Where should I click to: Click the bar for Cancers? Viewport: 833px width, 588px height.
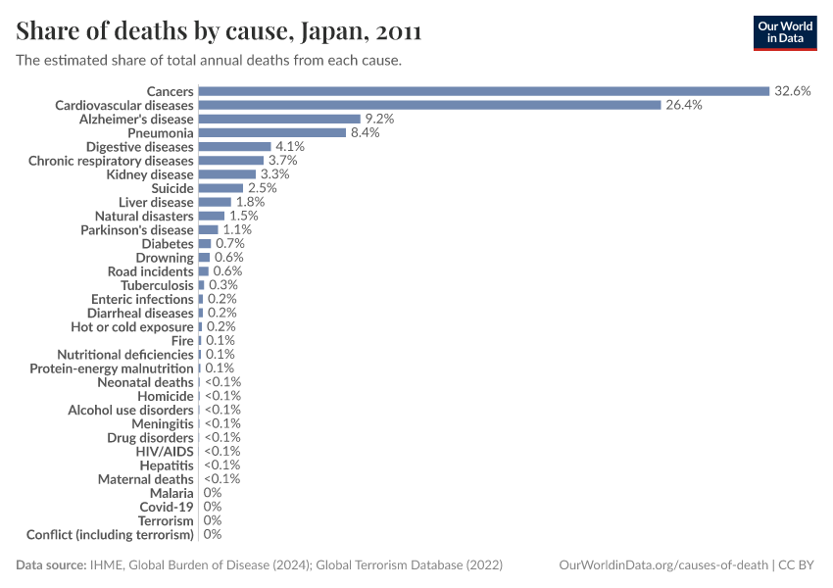(483, 91)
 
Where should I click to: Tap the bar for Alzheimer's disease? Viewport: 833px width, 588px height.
(279, 119)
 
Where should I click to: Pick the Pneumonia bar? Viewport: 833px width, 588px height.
(271, 132)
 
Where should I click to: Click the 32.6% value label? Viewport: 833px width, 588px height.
(792, 91)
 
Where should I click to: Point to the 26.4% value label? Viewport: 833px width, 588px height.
(683, 105)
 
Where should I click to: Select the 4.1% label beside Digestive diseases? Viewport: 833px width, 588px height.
(290, 146)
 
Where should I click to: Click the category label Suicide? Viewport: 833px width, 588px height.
(172, 188)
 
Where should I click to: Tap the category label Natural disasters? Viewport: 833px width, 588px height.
(144, 216)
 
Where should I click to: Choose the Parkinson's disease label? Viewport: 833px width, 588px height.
(137, 229)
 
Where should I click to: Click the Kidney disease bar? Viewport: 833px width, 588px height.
(226, 174)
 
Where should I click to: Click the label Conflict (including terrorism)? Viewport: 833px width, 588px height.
(110, 535)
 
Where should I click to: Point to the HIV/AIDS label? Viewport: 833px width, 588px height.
(165, 452)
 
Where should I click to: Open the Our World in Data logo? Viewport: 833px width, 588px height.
(784, 33)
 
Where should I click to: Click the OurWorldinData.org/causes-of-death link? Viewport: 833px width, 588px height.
(661, 565)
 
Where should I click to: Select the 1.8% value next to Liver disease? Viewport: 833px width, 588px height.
(251, 202)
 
